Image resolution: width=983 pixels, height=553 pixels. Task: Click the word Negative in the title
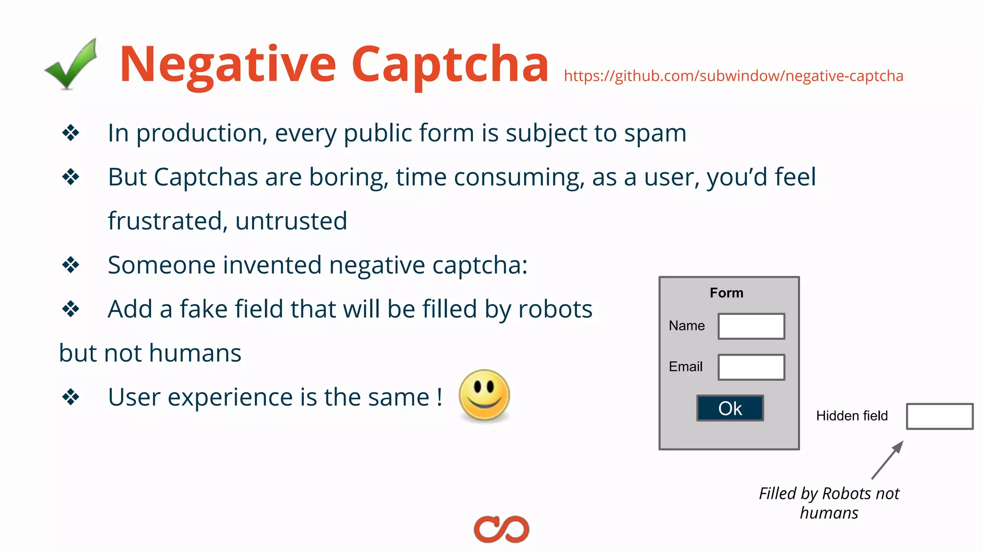(x=228, y=65)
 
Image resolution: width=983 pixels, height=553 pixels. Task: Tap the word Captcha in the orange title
(x=450, y=65)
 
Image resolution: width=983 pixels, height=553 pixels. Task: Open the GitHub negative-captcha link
(x=733, y=76)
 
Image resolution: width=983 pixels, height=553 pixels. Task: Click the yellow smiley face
(x=484, y=396)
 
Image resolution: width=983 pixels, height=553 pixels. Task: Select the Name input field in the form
(x=751, y=326)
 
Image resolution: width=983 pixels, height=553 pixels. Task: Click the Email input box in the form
(x=751, y=367)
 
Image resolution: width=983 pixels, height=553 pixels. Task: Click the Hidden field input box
(x=939, y=416)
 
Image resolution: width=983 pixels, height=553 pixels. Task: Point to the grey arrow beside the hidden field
(x=887, y=460)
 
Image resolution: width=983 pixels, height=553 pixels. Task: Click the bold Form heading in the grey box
(x=726, y=293)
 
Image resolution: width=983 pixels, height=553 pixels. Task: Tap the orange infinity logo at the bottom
(x=501, y=529)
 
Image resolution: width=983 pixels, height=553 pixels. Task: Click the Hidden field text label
(x=852, y=416)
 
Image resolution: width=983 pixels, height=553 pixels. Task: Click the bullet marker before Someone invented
(x=71, y=265)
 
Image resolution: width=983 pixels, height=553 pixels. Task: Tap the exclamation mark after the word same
(x=439, y=397)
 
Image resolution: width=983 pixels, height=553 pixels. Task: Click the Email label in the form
(x=685, y=367)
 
